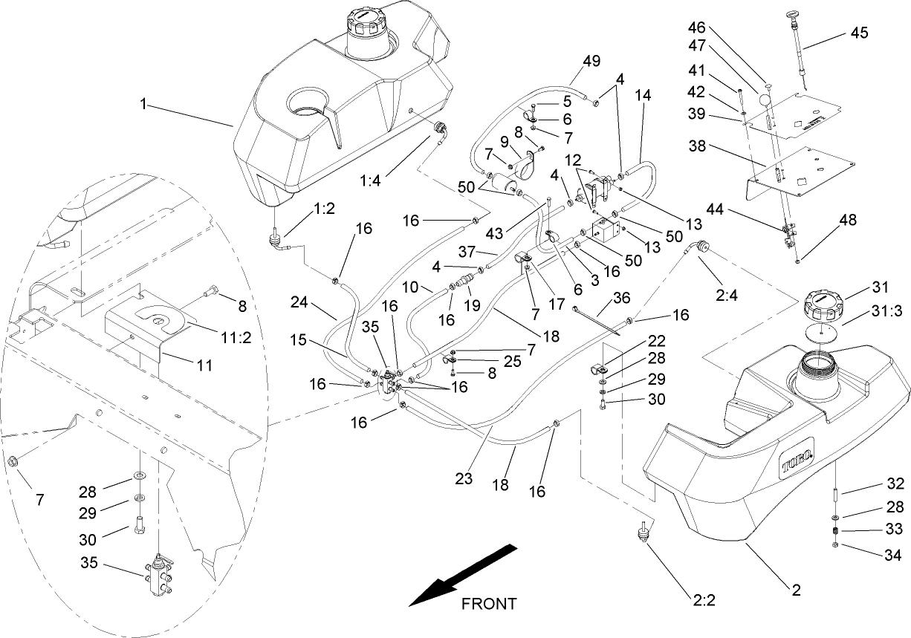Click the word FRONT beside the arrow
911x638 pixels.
pos(488,603)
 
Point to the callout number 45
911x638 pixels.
pos(859,33)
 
